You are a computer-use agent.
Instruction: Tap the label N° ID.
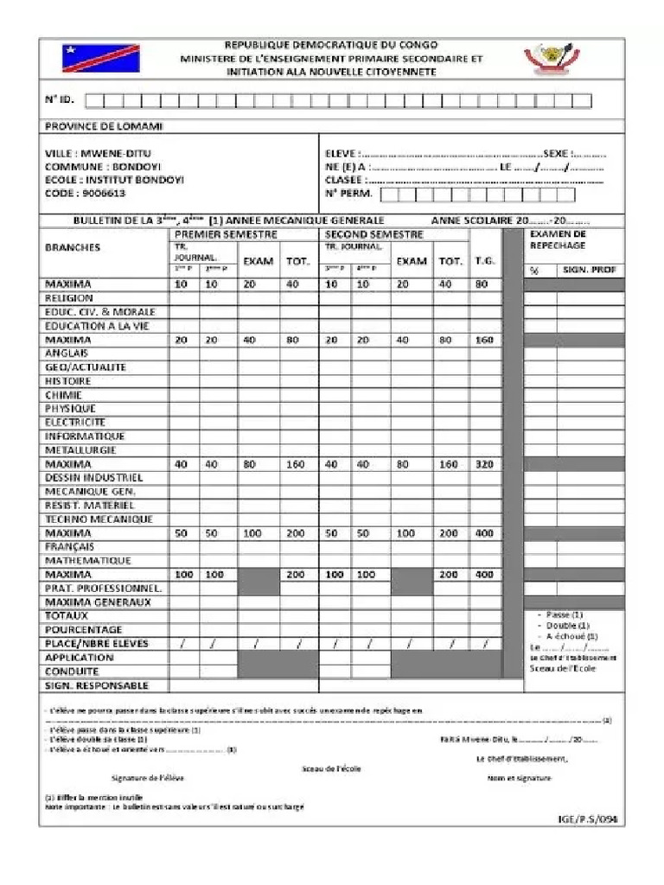[x=60, y=99]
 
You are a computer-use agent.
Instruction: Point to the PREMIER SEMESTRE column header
[x=226, y=234]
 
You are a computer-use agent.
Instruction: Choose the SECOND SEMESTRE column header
[x=374, y=234]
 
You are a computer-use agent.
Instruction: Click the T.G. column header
[x=484, y=260]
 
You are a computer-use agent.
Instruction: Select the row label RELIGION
[x=69, y=298]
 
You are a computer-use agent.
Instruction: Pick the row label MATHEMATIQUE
[x=88, y=561]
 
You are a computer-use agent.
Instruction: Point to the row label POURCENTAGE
[x=84, y=630]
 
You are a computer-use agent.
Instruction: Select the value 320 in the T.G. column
[x=484, y=464]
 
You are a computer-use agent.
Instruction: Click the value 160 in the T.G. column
[x=484, y=341]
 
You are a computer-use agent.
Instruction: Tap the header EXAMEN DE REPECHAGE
[x=558, y=239]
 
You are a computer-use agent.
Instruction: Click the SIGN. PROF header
[x=590, y=271]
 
